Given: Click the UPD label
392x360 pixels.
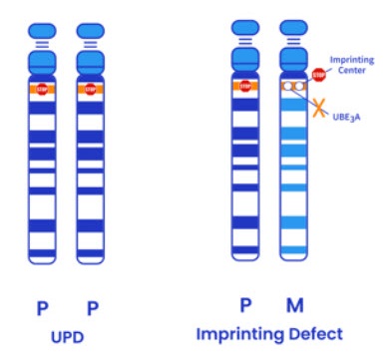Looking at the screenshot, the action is click(x=67, y=337).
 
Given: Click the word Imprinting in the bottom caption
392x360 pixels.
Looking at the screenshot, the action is click(x=240, y=335).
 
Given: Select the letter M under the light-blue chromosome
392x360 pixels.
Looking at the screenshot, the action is click(x=295, y=305).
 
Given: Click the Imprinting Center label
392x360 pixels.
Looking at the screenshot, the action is click(x=352, y=65).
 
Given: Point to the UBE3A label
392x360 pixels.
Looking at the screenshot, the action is click(x=346, y=118).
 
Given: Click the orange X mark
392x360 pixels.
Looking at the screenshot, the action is click(x=319, y=110).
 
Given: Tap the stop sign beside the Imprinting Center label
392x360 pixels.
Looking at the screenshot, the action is click(x=318, y=75).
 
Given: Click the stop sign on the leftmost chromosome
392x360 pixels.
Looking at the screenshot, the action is click(x=42, y=89).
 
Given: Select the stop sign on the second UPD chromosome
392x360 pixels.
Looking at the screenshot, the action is click(x=90, y=89).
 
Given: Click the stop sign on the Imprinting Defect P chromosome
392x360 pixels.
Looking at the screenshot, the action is click(x=245, y=86).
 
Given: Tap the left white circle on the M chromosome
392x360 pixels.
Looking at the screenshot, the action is click(x=288, y=87).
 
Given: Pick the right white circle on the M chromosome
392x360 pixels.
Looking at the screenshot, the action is click(x=299, y=87).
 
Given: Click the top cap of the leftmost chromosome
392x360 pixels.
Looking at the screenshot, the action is click(x=42, y=31).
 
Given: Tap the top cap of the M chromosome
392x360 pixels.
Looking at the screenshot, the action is click(x=293, y=28).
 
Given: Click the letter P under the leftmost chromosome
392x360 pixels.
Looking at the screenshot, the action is click(x=42, y=309).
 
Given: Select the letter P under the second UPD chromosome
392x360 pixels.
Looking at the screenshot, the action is click(x=93, y=309).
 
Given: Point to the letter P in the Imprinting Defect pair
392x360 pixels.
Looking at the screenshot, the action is click(x=245, y=305).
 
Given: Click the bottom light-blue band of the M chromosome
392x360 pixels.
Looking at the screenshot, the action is click(x=293, y=250).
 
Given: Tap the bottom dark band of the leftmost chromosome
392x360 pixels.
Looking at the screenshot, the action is click(x=42, y=253).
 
